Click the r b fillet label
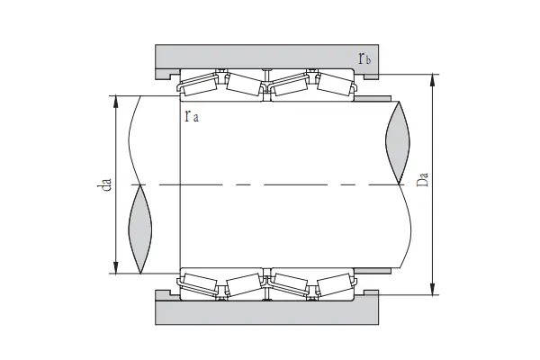(364, 59)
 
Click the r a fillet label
(191, 116)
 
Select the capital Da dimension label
(424, 184)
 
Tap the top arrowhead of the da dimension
(115, 99)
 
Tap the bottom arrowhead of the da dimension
(115, 267)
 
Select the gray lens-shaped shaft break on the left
(141, 229)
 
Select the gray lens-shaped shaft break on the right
(398, 141)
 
